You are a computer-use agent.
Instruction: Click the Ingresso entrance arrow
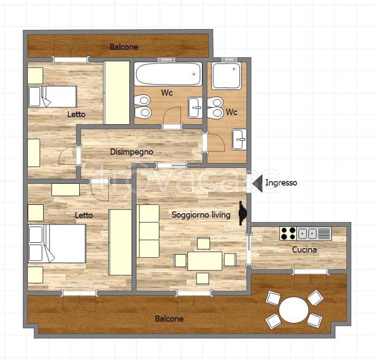click(257, 183)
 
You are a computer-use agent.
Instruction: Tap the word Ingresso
click(281, 183)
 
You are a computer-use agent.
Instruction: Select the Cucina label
click(304, 250)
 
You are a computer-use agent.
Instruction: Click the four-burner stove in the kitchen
click(288, 233)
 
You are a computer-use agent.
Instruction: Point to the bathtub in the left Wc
click(168, 74)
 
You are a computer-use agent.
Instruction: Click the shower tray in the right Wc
click(226, 76)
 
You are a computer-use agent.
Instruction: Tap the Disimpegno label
click(132, 152)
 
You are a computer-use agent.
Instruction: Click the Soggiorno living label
click(201, 215)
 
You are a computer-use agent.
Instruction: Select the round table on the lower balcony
click(294, 310)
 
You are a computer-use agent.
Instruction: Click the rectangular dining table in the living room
click(205, 261)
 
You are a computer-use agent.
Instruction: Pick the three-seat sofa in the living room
click(148, 231)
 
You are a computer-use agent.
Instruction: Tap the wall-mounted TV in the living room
click(242, 213)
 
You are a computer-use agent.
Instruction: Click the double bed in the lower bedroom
click(57, 243)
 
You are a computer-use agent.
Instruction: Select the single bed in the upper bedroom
click(52, 97)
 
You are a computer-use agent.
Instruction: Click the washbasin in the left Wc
click(195, 108)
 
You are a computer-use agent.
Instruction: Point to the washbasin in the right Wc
click(240, 140)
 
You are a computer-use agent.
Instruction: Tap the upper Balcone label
click(124, 47)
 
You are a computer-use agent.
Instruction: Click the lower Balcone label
click(169, 319)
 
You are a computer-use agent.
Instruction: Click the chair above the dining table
click(203, 243)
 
